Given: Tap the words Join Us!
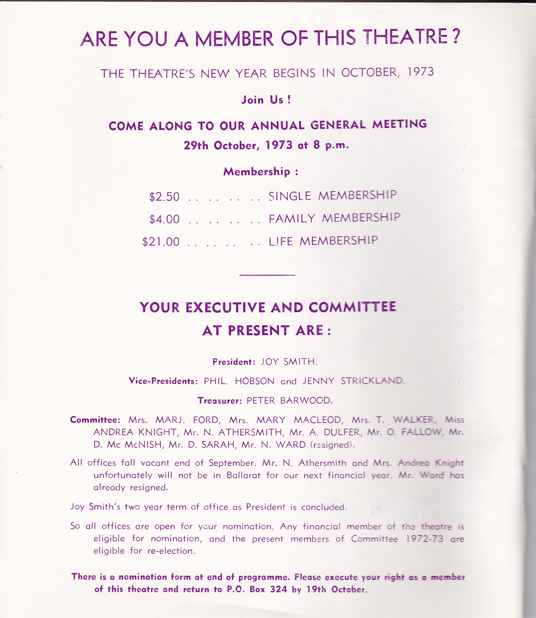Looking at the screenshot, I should coord(266,100).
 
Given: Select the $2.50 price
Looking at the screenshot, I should coord(165,197).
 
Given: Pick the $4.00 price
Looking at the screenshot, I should coord(165,219).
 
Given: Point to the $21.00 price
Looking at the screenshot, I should coord(161,242).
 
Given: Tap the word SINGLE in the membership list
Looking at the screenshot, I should coord(290,196).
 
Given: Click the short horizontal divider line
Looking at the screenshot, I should coord(267,275).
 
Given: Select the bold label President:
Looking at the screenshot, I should coord(234,362).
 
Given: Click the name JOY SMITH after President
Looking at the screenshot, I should coord(289,361).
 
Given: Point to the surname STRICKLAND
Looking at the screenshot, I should coord(372,381).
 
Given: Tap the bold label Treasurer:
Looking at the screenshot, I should coord(220,401).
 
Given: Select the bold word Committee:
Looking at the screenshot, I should coord(95,420).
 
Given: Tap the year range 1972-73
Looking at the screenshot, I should coord(424,539).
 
